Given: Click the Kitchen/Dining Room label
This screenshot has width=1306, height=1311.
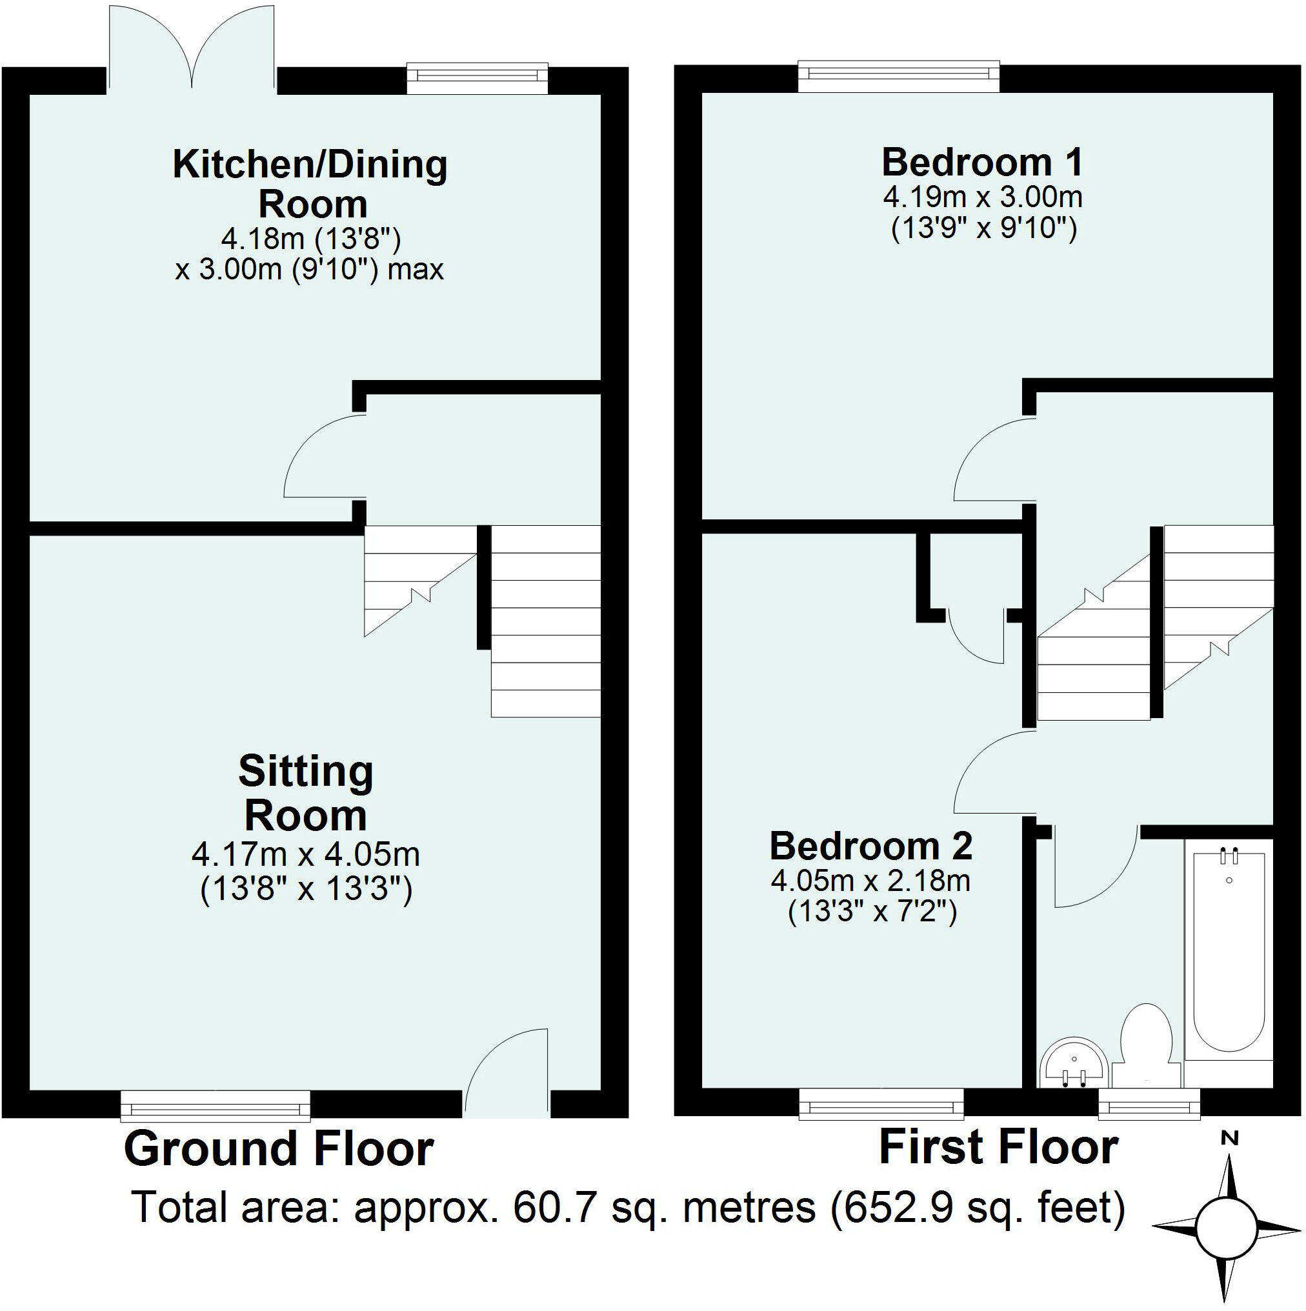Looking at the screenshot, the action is pos(310,184).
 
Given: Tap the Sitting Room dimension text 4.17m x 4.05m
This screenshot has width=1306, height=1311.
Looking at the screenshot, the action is pos(305,854).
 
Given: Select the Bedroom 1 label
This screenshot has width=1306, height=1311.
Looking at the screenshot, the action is pos(981,163).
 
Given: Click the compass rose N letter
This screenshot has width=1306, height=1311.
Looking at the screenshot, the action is pos(1229,1138).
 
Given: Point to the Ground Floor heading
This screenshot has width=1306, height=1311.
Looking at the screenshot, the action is pos(278,1149).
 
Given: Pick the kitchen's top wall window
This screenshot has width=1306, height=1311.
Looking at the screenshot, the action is pos(477,79).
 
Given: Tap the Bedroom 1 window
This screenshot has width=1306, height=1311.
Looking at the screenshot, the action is pos(899,77).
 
